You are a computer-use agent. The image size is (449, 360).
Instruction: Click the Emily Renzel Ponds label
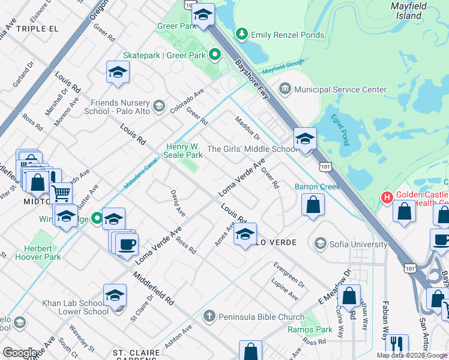click(x=288, y=35)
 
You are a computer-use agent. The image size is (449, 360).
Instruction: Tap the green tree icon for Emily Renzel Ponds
click(x=241, y=35)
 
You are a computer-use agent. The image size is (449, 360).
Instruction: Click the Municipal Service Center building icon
click(x=285, y=89)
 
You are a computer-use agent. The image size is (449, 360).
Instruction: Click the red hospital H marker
click(x=388, y=196)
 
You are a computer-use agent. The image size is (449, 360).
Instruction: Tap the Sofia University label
click(x=358, y=244)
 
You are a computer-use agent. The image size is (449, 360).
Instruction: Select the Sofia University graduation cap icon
click(x=321, y=244)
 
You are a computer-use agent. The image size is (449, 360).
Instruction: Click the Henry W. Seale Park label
click(x=183, y=151)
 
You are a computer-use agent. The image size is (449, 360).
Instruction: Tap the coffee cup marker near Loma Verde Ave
click(x=127, y=245)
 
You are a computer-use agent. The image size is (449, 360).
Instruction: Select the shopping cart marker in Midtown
click(x=61, y=193)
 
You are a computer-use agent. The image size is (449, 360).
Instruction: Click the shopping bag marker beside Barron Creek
click(x=313, y=206)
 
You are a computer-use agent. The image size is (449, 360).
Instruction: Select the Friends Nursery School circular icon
click(x=158, y=107)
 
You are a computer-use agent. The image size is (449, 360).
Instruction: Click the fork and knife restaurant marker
click(x=397, y=344)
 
